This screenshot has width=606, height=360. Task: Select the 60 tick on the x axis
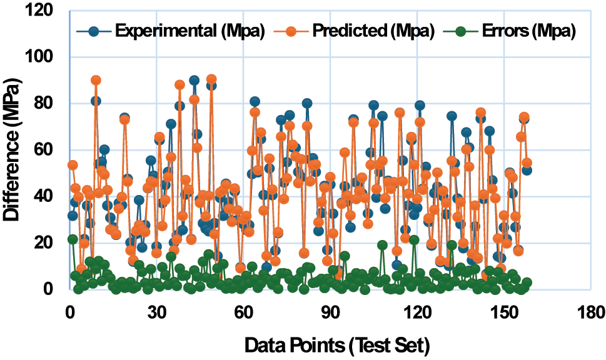[243, 311]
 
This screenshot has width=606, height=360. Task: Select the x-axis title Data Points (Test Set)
[337, 344]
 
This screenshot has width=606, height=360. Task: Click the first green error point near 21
[73, 239]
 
